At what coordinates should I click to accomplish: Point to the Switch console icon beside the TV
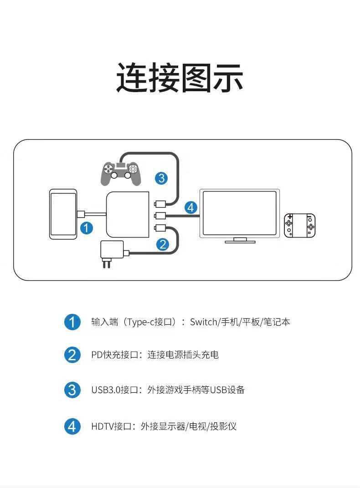coord(299,225)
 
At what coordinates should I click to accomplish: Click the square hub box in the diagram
coord(128,215)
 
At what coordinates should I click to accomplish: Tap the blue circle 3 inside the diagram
coord(161,178)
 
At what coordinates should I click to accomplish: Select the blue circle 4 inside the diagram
coord(191,208)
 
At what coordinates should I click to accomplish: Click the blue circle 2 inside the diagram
coord(163,244)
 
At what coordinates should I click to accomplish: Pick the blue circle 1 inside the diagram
coord(87,228)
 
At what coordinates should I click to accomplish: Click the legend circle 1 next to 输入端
coord(72,322)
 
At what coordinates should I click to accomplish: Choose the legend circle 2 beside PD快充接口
coord(72,355)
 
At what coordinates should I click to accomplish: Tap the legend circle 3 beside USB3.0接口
coord(72,390)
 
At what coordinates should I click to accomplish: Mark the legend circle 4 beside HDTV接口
coord(72,427)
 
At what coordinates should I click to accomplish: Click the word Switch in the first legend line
coord(204,322)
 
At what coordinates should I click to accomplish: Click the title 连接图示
coord(180,78)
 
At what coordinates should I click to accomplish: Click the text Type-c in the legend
coord(142,322)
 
